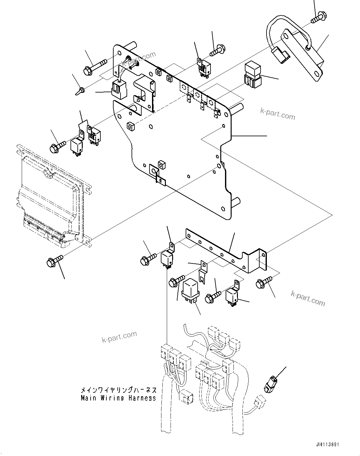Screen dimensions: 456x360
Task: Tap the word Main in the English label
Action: click(89, 398)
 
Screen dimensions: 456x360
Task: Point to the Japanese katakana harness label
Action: click(118, 390)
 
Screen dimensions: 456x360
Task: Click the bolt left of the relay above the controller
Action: click(57, 146)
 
